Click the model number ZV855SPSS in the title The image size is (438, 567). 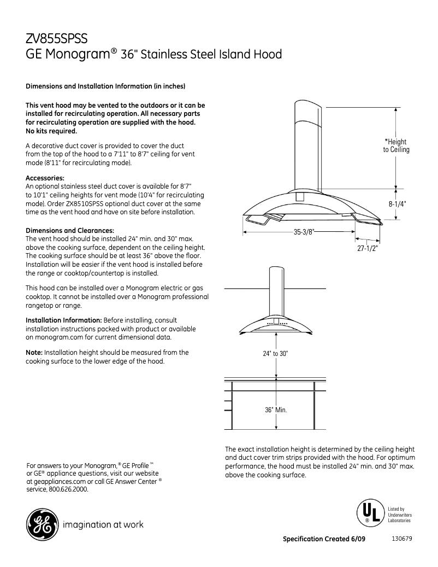tap(57, 39)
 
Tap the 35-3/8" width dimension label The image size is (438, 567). tap(304, 232)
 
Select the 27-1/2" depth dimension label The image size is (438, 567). tap(367, 248)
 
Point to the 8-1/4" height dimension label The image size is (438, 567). tap(398, 203)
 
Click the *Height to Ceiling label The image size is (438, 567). tap(395, 145)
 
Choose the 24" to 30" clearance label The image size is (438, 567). tap(275, 354)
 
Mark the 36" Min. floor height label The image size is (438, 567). tap(276, 410)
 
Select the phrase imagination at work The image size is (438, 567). tap(103, 525)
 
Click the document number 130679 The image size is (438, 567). tap(402, 539)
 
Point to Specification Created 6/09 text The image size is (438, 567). tap(324, 539)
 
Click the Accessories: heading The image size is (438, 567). tap(45, 178)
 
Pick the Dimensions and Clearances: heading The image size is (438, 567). tap(70, 230)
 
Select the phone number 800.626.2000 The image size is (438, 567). tap(69, 489)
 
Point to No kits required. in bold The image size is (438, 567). tap(51, 131)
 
